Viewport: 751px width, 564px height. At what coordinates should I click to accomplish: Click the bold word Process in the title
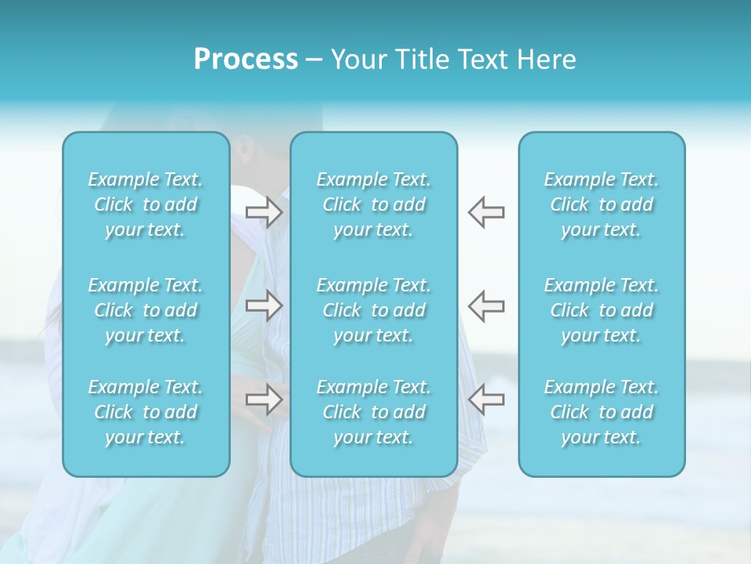246,60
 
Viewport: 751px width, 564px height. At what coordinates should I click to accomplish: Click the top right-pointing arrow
264,212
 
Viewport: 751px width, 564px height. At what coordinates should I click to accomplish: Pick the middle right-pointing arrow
264,305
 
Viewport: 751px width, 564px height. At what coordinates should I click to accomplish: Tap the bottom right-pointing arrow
264,399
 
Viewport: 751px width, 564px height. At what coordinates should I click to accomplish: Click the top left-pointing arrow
486,212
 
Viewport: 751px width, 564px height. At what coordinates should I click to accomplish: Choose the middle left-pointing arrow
486,305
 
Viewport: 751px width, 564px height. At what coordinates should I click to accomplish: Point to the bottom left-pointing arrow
486,399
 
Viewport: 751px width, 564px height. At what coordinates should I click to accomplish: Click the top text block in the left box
146,204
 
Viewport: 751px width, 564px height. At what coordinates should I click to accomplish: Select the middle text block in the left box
146,310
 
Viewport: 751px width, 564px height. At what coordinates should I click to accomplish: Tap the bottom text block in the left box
146,412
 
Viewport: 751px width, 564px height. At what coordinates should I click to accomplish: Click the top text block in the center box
374,204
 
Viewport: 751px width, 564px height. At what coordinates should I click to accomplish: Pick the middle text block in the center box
374,310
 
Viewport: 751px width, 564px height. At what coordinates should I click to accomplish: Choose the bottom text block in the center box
374,412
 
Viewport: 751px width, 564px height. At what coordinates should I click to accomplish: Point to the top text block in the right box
602,204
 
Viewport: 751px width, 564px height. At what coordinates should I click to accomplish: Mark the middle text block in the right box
602,310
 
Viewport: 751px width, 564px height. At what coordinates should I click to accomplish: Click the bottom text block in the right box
602,412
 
